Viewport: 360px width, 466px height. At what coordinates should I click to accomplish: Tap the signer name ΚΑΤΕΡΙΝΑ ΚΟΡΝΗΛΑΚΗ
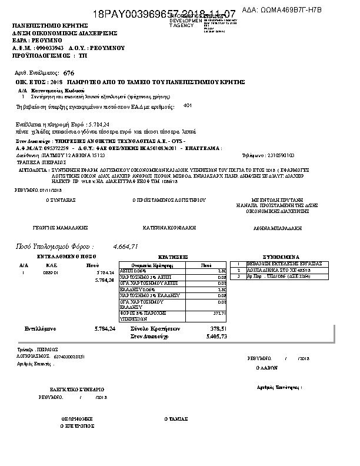tap(169, 227)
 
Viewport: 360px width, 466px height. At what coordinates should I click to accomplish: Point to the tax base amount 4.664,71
tap(125, 246)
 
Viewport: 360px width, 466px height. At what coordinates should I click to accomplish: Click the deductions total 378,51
tap(218, 328)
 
